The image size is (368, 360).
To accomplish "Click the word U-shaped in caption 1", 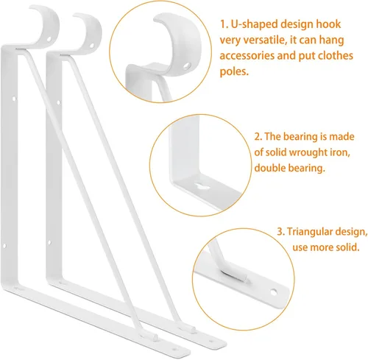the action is coord(255,24).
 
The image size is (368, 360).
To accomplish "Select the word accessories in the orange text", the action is coord(247,56).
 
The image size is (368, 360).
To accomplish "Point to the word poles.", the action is coord(234,71).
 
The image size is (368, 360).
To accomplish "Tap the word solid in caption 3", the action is coord(347,247).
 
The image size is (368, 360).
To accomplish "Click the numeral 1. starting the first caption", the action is coord(224,24).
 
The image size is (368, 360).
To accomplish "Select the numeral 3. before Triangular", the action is coord(280,232).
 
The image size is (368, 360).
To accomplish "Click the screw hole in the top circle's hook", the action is coord(187,66).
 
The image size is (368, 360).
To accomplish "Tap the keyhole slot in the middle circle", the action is coord(202,186).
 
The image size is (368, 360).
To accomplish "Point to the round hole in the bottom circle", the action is coord(273,292).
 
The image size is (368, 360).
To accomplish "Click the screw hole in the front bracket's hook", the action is coord(49,39).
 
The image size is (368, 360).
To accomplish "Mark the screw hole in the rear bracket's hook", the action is coord(92,46).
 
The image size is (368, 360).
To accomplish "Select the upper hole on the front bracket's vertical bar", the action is coord(14,99).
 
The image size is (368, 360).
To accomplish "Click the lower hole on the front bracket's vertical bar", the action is coord(4,245).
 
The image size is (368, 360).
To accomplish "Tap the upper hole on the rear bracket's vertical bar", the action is coord(58,102).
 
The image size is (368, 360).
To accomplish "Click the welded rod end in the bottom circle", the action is coord(236,276).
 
